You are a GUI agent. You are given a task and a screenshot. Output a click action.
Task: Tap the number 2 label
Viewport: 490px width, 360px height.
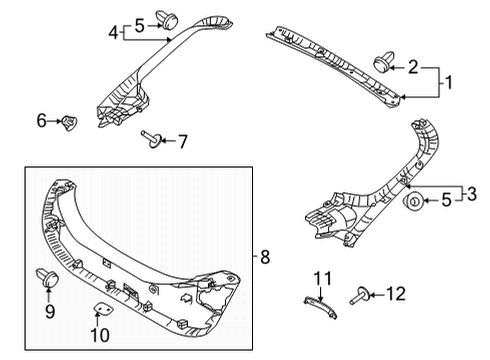tap(413, 67)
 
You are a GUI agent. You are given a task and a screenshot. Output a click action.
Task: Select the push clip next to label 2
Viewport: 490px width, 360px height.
tap(380, 65)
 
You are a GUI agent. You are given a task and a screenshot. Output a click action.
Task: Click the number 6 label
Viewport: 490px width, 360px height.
tap(41, 121)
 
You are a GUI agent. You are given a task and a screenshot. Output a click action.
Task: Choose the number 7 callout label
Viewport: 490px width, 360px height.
tap(182, 141)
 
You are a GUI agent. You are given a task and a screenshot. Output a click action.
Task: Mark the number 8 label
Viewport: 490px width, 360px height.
tap(265, 257)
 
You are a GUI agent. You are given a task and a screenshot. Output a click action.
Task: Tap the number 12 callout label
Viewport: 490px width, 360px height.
tap(397, 294)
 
